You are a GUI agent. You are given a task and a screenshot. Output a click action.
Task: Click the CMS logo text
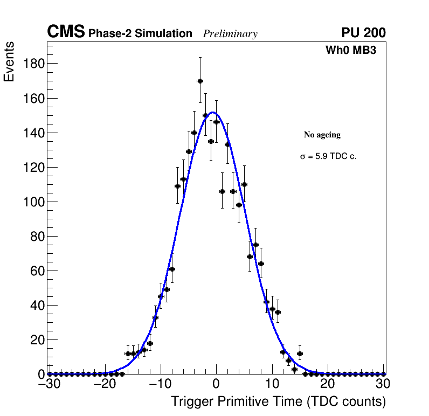(66, 32)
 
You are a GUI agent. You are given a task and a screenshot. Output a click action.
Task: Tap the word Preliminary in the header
(230, 34)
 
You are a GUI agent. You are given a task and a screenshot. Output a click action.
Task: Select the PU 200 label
(363, 33)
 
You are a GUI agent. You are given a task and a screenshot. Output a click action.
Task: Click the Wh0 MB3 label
(350, 51)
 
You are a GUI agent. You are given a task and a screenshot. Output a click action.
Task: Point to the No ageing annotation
(322, 135)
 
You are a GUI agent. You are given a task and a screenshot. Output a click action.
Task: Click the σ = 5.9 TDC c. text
(328, 157)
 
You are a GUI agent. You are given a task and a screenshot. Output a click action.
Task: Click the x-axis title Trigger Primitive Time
(278, 401)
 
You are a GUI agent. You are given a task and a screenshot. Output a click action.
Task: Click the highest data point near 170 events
(200, 81)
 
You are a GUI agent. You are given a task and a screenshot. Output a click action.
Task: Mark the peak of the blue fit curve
(213, 112)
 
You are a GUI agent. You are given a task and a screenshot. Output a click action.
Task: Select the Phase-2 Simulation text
(140, 33)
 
